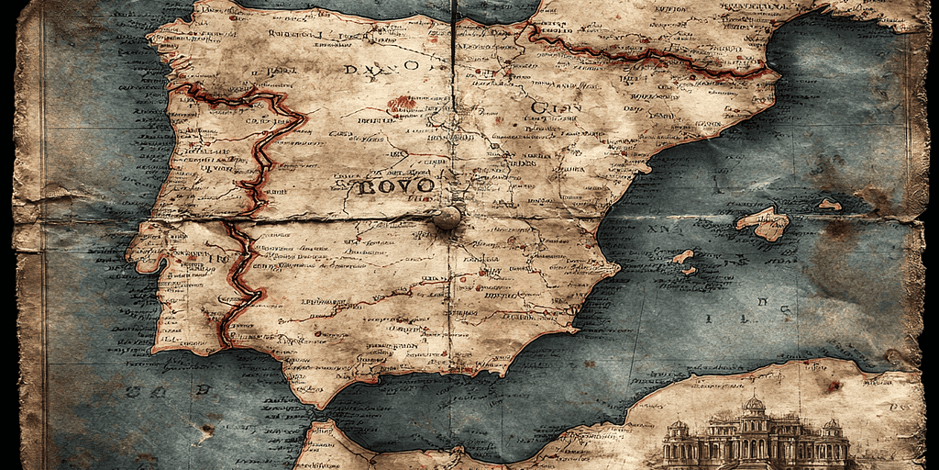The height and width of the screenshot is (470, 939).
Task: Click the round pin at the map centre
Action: pos(447,218)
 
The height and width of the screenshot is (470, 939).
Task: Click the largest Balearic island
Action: pos(763,223)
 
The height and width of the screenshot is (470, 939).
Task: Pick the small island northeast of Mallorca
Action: pos(829,204)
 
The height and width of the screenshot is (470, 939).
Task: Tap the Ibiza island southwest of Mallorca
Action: pos(683,257)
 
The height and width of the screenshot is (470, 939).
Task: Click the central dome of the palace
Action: pos(754,404)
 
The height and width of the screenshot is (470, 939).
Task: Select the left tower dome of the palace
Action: pos(679,426)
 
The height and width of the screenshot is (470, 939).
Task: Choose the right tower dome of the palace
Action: pos(832,426)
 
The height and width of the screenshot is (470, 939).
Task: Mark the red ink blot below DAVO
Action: pos(401,105)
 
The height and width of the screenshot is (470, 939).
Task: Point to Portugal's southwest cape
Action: pos(158,346)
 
